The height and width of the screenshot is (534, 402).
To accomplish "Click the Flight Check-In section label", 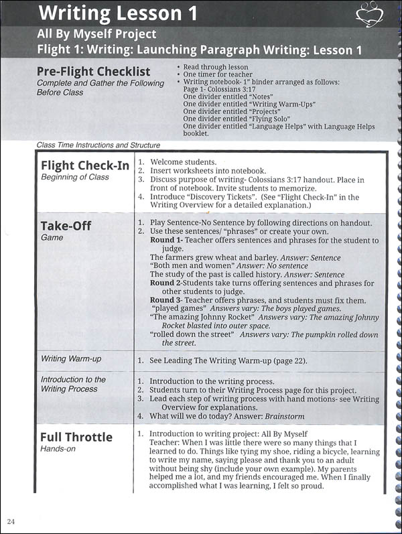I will coord(85,165).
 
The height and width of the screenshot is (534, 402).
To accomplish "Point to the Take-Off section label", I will coord(66,225).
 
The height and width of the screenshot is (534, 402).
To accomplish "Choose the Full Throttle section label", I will coord(76,437).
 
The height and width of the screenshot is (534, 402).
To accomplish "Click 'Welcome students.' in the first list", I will coord(183,162).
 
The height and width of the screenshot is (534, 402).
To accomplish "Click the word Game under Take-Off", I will coord(52,237).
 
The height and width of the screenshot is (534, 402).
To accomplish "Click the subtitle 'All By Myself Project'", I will coord(96,34).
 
